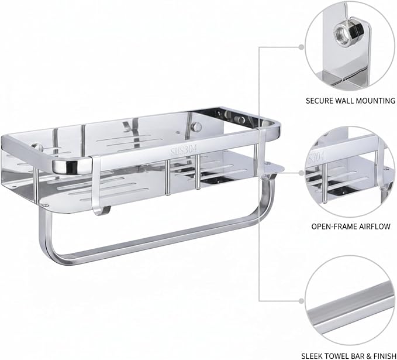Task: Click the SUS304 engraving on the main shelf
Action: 184,150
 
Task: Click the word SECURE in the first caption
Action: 319,101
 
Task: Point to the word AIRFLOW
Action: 372,227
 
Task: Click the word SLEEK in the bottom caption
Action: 312,356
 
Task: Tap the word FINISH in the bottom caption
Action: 384,356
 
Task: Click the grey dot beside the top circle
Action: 301,47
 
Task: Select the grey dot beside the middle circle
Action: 301,173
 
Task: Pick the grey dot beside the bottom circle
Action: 301,301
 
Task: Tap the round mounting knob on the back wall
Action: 196,126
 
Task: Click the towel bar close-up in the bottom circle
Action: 351,308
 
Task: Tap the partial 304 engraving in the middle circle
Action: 316,157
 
